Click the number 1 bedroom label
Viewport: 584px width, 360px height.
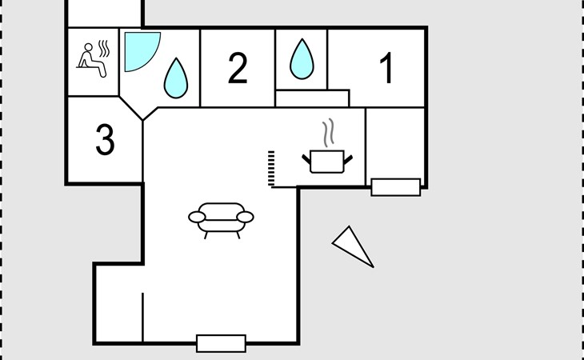[x=387, y=68]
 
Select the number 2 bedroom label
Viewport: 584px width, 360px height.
[x=238, y=68]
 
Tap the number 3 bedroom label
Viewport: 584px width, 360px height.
[x=105, y=139]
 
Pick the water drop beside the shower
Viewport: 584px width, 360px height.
[x=176, y=78]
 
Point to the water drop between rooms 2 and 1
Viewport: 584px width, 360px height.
[x=302, y=59]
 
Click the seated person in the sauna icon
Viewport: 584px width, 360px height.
[x=92, y=60]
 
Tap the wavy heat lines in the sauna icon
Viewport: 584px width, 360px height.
[x=104, y=48]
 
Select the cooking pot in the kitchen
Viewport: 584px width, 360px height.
[x=327, y=162]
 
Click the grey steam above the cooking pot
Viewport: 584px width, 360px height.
[x=328, y=133]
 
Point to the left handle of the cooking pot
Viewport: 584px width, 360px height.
[x=306, y=159]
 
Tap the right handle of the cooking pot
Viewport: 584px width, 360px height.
[x=348, y=160]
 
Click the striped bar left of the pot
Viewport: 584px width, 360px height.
[x=271, y=168]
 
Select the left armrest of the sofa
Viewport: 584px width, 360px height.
[x=197, y=217]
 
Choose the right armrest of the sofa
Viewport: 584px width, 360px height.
[x=245, y=217]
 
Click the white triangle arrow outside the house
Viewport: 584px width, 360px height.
[x=352, y=246]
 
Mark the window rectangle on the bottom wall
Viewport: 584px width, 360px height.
[x=222, y=343]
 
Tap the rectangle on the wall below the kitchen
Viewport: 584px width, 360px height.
[x=396, y=187]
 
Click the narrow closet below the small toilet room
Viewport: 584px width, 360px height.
[x=312, y=98]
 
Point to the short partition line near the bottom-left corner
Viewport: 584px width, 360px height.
[x=142, y=317]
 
